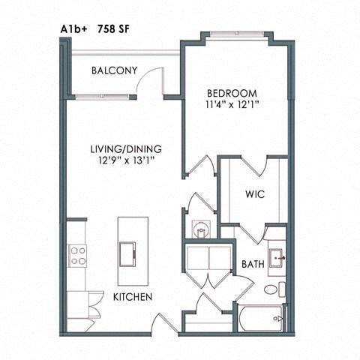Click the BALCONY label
click(114, 71)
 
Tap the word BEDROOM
click(232, 94)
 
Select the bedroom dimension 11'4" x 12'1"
click(232, 106)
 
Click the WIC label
click(254, 194)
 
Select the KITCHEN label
click(133, 297)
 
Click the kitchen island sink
click(129, 251)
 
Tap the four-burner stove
click(77, 256)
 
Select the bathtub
click(262, 318)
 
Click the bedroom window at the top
click(232, 34)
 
